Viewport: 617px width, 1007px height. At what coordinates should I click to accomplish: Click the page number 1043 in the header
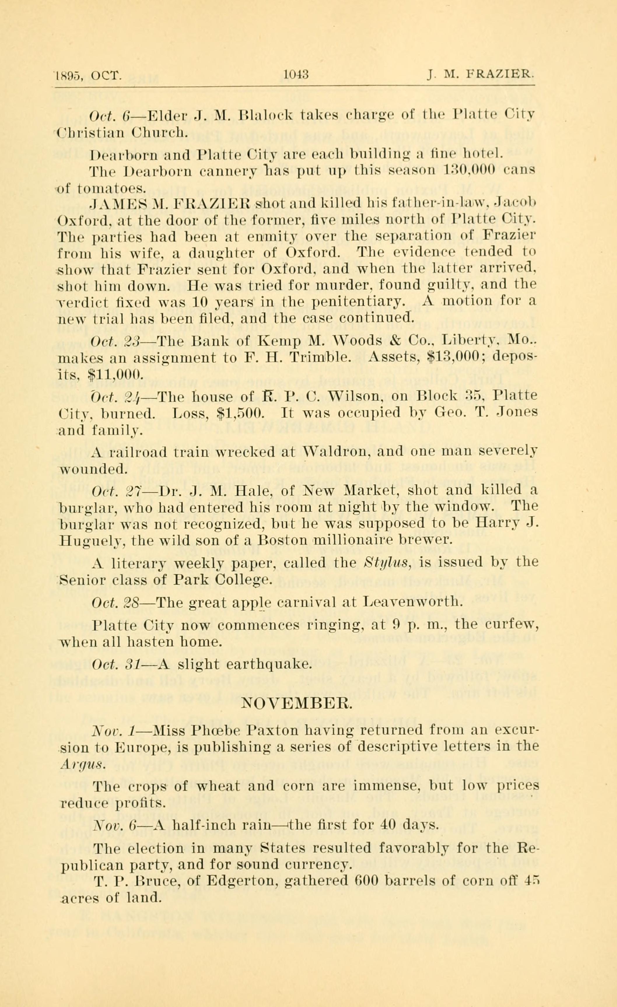(x=296, y=75)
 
